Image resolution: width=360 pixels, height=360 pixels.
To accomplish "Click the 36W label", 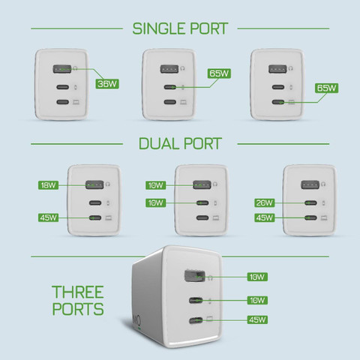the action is click(107, 84).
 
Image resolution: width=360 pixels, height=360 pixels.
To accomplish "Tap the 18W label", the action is click(48, 185).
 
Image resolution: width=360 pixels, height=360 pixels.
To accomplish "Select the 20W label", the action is click(265, 202).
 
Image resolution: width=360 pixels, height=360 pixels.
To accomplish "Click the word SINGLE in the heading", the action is click(160, 28).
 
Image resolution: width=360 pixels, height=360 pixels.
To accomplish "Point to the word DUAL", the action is click(159, 144).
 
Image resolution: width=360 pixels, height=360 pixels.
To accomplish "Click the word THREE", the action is click(78, 292).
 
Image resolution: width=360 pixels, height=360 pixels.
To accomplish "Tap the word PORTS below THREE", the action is click(78, 309).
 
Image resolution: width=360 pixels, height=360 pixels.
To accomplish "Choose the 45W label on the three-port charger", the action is click(257, 319).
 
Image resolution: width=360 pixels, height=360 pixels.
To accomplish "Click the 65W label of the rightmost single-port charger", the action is click(327, 88).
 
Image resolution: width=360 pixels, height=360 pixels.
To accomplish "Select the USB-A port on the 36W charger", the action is click(62, 69).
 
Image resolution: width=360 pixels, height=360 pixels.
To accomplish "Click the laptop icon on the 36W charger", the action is click(76, 102).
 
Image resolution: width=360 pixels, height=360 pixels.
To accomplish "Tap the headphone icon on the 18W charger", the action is click(108, 184).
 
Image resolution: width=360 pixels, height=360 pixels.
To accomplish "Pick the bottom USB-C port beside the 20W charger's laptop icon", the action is click(310, 218).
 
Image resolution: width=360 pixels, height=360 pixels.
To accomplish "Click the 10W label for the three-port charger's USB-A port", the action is click(257, 277).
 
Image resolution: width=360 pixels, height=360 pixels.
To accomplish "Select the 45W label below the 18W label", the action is click(48, 217).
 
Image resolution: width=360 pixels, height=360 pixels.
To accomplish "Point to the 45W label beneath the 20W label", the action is click(265, 217).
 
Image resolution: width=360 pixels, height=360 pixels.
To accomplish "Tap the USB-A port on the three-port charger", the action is click(194, 276).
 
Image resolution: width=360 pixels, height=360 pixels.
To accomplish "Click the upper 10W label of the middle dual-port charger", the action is click(155, 185).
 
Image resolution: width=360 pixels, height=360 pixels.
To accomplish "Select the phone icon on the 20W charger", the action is click(323, 203).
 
